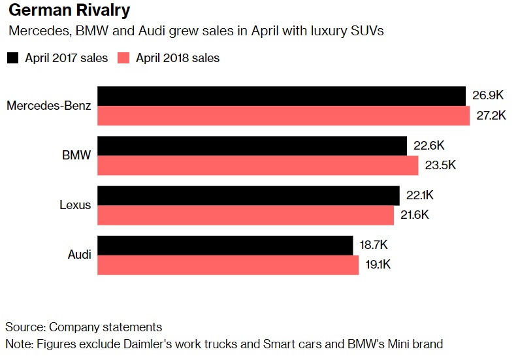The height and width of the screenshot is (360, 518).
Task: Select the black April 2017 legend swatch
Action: [12, 57]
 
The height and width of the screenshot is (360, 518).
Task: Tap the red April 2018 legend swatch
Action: [124, 57]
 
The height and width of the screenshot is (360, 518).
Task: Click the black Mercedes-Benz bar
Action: [282, 96]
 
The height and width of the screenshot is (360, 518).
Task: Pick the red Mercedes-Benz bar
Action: [283, 116]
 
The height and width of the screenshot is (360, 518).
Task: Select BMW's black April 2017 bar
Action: [252, 146]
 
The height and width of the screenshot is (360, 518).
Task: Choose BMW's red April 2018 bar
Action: [258, 165]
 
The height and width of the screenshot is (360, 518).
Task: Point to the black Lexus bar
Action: [248, 195]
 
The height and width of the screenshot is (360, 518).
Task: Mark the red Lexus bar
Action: [246, 215]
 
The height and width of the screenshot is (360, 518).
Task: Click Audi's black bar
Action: [225, 245]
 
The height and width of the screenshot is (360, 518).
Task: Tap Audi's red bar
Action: [228, 265]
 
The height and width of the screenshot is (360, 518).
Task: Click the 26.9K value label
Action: [488, 95]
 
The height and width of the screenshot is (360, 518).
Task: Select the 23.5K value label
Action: [440, 165]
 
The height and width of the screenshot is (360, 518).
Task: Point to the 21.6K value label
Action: [415, 215]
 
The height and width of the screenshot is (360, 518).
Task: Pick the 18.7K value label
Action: [374, 245]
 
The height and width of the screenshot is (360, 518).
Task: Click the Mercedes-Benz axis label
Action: [49, 106]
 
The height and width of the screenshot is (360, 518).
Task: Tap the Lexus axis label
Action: [75, 205]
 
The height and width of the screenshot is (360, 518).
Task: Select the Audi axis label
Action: [80, 255]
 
